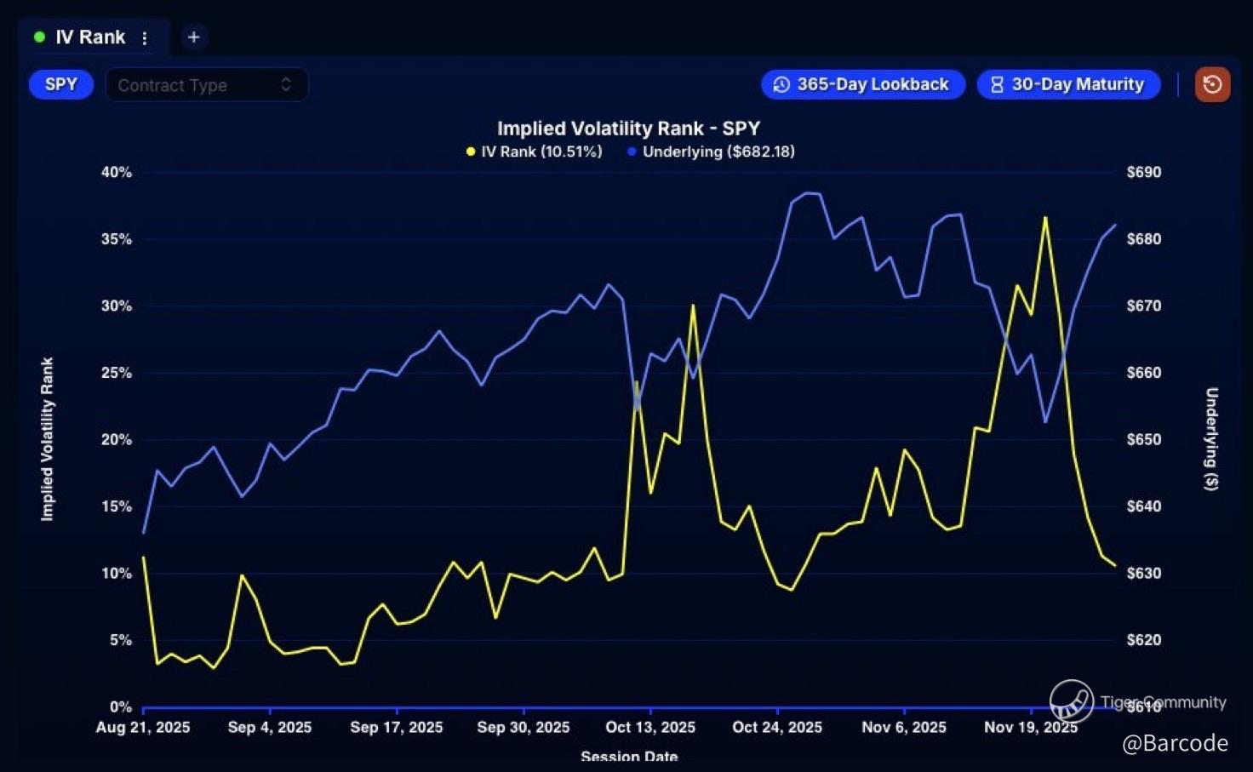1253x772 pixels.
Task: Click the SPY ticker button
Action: point(61,84)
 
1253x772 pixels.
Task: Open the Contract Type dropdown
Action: point(206,85)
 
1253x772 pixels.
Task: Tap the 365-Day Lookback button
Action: point(863,84)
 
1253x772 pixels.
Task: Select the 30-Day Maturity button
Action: point(1068,84)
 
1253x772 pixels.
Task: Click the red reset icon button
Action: point(1212,84)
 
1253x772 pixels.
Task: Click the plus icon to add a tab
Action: point(194,37)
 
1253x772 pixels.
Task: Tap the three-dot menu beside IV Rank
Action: point(145,38)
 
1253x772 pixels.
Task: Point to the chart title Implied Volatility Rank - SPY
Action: point(628,129)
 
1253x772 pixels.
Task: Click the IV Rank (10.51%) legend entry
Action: point(534,152)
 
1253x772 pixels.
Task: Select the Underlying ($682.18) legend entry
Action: point(711,152)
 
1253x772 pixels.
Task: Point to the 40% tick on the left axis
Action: point(117,172)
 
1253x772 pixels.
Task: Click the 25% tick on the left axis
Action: point(117,373)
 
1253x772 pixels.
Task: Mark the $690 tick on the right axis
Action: point(1143,172)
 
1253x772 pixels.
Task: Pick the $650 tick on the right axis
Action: point(1143,439)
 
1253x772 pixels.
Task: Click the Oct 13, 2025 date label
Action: point(650,727)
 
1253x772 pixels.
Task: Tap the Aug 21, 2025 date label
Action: point(143,727)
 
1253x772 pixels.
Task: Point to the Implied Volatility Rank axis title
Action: point(47,438)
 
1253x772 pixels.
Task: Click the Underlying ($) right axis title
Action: point(1211,438)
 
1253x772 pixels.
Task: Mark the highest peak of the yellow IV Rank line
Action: point(1045,218)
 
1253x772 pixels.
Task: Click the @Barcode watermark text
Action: point(1175,743)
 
